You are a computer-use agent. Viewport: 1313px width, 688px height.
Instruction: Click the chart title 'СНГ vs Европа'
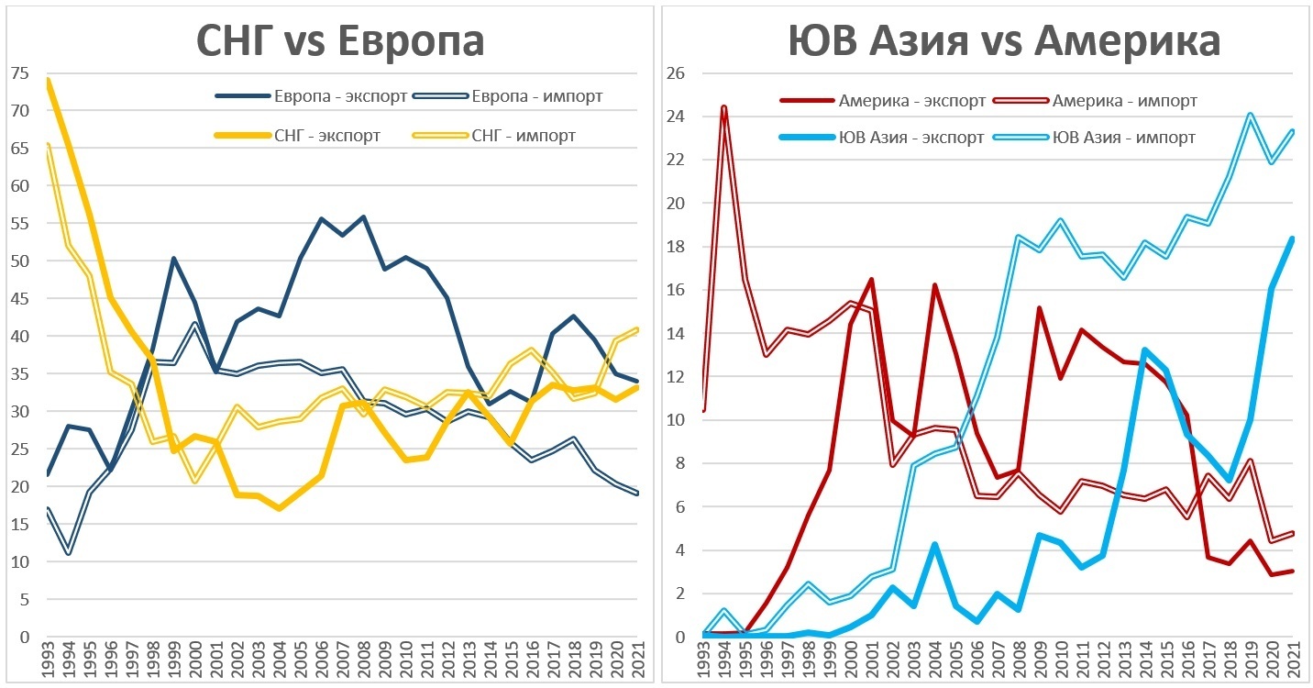340,41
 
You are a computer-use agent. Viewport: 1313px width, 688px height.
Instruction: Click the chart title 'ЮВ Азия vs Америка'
1004,41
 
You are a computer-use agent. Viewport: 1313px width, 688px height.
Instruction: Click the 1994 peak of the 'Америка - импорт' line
724,108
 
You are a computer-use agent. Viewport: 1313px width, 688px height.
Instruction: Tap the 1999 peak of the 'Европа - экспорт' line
173,259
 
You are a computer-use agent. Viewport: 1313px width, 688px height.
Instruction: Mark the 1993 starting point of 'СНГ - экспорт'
47,81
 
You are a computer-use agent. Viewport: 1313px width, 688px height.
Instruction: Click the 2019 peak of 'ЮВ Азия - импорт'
1250,116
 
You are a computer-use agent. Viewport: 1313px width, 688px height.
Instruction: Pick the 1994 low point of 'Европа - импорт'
68,553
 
